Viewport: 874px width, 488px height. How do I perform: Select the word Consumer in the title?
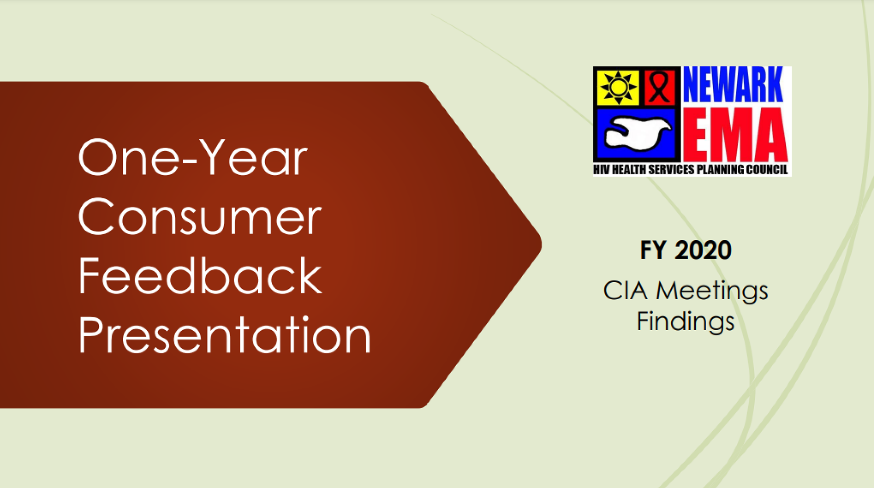point(200,217)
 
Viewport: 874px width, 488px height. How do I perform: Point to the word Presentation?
point(225,335)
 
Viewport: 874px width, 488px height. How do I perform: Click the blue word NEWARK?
point(733,85)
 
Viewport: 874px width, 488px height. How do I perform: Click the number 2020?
point(703,250)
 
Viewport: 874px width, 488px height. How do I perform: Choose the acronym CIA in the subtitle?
point(625,291)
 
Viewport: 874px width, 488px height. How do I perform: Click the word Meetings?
point(712,291)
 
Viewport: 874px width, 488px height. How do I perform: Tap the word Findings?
point(685,322)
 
